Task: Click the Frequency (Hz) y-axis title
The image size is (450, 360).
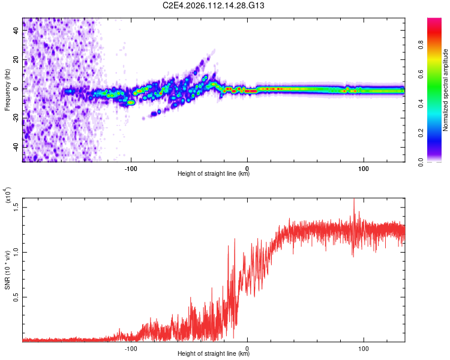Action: [x=7, y=90]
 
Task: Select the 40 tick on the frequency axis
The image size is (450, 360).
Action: [x=17, y=31]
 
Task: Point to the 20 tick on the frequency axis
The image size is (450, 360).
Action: [x=17, y=60]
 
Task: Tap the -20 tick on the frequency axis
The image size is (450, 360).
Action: [x=16, y=118]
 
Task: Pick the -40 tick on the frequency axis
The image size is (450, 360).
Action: [x=16, y=146]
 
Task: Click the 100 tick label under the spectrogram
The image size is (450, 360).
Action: [x=363, y=168]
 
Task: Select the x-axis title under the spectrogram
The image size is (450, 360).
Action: [x=214, y=174]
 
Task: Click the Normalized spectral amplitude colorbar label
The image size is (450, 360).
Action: [x=445, y=90]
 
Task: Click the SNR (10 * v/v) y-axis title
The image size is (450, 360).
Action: [x=7, y=281]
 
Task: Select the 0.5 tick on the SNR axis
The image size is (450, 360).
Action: [x=16, y=296]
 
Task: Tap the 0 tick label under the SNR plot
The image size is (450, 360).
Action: [x=247, y=348]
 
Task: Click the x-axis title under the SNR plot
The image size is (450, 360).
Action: [x=214, y=354]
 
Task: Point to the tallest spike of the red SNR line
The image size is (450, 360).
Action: [x=354, y=200]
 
